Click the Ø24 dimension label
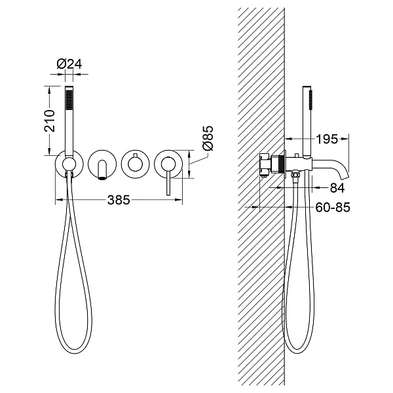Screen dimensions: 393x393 (x=69, y=64)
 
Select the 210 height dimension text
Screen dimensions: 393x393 (x=49, y=121)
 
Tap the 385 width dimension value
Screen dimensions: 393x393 (x=119, y=200)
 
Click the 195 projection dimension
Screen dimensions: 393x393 (x=327, y=139)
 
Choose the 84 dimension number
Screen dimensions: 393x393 (x=337, y=188)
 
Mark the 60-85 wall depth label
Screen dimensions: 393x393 (x=333, y=207)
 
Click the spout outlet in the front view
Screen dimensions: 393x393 (x=102, y=178)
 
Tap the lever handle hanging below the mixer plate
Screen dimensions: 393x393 (x=168, y=182)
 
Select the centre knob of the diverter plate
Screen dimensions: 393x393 (x=135, y=164)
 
